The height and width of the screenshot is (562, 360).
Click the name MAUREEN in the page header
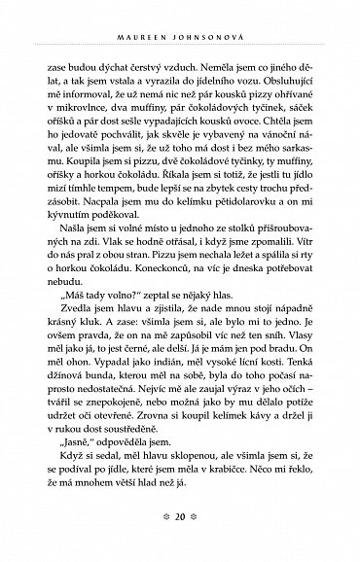(x=157, y=12)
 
